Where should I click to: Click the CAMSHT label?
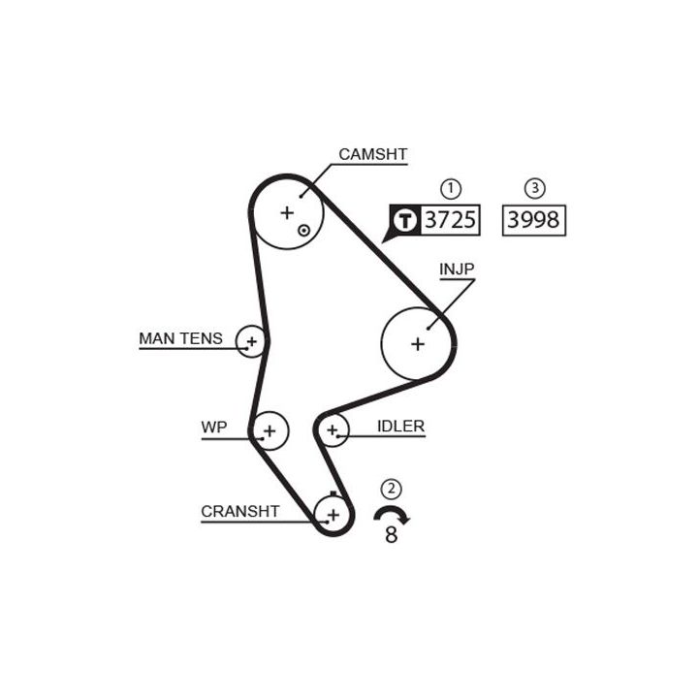[x=372, y=154]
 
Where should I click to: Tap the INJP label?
[x=457, y=269]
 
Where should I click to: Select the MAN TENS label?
[x=180, y=338]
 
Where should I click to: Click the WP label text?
[x=213, y=427]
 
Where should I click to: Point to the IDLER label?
[x=400, y=426]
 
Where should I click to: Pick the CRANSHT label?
[x=239, y=511]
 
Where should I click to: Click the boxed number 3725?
[x=452, y=220]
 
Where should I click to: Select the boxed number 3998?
[x=532, y=220]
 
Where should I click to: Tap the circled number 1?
[x=451, y=188]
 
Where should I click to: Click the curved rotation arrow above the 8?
[x=392, y=514]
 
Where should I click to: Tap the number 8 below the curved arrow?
[x=391, y=534]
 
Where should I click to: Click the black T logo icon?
[x=405, y=220]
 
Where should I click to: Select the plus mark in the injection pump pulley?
[x=418, y=343]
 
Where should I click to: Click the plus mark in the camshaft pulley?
[x=286, y=212]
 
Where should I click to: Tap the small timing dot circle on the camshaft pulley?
[x=303, y=231]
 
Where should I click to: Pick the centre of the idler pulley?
[x=333, y=428]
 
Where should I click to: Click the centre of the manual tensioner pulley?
[x=252, y=341]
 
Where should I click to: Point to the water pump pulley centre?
[x=270, y=430]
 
